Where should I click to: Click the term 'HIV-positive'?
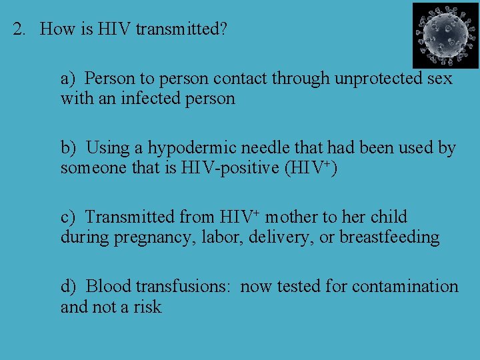tap(231, 168)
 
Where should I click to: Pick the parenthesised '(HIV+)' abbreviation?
tap(311, 167)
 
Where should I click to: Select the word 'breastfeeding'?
tap(389, 237)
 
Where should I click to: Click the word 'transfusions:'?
tap(183, 287)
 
